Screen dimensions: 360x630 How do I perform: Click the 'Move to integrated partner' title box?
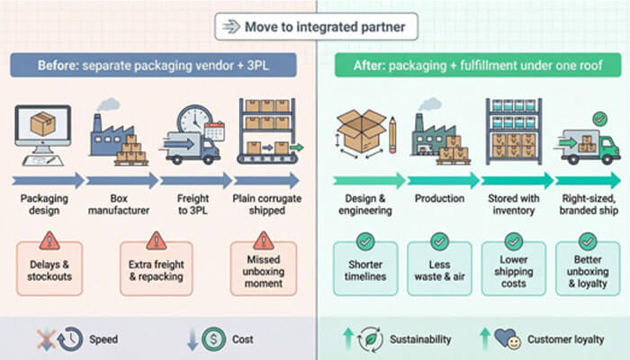[x=315, y=27]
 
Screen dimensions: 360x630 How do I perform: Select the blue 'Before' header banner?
[x=157, y=66]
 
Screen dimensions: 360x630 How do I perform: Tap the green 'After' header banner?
[x=472, y=66]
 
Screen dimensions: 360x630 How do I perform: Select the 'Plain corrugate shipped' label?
[x=265, y=203]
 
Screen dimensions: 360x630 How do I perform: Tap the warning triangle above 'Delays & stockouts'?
[x=49, y=240]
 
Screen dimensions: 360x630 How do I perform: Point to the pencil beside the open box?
[x=392, y=135]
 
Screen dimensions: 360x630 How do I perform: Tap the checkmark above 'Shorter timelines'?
[x=365, y=241]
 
